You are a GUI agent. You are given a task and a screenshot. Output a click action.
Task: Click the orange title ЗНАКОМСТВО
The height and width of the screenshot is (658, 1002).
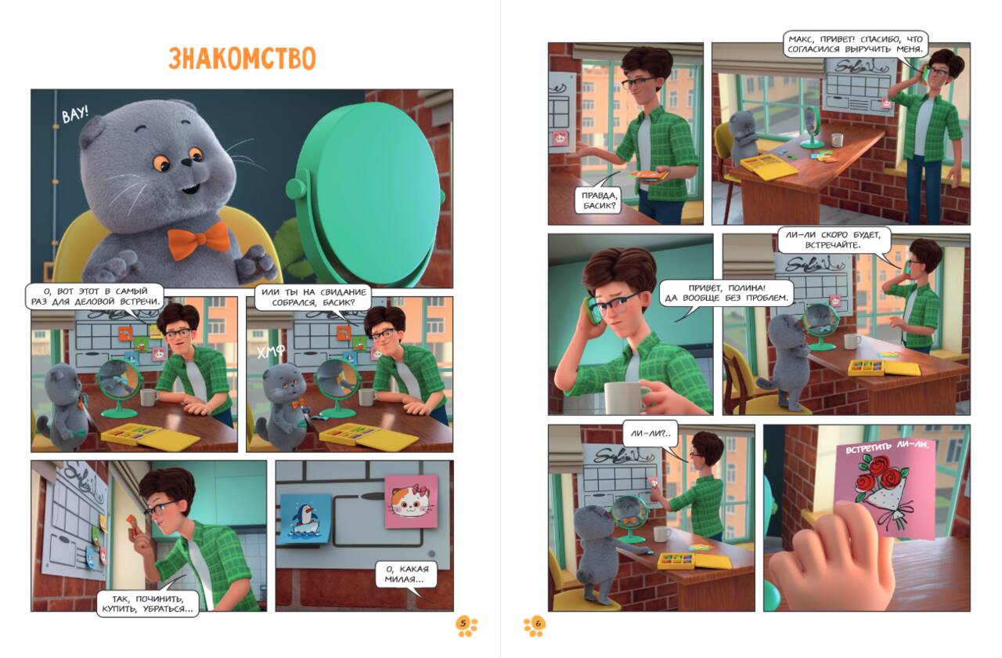click(242, 58)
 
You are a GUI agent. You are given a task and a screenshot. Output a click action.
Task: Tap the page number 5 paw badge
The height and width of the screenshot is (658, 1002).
click(466, 625)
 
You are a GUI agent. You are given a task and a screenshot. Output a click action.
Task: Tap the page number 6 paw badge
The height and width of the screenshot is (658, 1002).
click(535, 625)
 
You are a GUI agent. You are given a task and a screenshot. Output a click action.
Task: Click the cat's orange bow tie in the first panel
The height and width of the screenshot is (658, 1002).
click(198, 241)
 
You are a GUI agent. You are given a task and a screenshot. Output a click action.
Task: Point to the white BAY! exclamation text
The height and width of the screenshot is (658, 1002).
click(74, 114)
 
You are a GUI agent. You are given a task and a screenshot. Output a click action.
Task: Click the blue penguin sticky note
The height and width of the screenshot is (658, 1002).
click(305, 519)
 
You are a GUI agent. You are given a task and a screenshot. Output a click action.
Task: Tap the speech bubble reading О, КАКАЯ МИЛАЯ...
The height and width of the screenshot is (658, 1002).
click(406, 574)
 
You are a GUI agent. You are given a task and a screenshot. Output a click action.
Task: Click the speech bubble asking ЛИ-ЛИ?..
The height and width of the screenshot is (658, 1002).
click(651, 433)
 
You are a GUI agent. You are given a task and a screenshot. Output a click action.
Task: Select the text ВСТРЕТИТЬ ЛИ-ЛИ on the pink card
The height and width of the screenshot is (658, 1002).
click(887, 446)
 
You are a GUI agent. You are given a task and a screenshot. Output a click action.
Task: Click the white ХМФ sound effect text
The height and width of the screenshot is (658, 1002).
click(271, 352)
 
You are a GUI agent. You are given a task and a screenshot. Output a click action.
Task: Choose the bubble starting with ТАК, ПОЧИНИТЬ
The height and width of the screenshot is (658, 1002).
click(148, 603)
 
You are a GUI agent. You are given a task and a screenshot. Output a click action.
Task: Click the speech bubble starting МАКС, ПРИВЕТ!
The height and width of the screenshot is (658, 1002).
click(856, 44)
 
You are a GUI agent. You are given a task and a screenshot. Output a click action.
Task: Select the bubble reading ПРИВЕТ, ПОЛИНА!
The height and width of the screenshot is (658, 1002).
click(726, 293)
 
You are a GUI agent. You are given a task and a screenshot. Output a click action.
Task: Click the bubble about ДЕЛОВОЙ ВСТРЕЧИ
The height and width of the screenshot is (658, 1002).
click(95, 296)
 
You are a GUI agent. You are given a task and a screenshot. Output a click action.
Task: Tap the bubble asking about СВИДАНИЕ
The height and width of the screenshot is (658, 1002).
click(313, 297)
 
